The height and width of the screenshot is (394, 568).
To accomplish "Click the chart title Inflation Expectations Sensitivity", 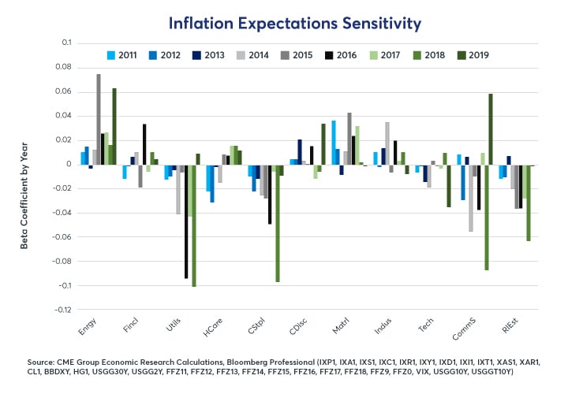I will pos(284,23).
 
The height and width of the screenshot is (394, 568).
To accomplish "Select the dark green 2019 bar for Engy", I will pos(114,126).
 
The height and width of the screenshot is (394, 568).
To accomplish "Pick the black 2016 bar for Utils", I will pos(186,221).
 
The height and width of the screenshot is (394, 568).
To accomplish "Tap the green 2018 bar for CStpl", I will pos(278,223).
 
